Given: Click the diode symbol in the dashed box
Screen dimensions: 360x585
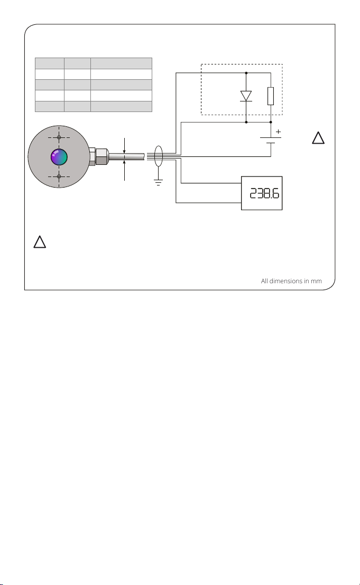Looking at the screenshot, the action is (x=246, y=96).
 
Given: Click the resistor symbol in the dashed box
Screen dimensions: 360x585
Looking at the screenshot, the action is (x=271, y=96).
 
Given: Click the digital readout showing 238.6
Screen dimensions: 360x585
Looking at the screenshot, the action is (x=261, y=193).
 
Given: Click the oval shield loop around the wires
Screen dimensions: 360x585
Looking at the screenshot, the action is (x=158, y=157).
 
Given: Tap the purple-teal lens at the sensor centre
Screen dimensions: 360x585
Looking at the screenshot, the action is (x=59, y=157).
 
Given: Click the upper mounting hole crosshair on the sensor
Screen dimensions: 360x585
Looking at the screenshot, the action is (x=59, y=137).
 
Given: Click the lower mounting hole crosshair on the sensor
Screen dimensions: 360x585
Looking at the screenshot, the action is (x=59, y=177).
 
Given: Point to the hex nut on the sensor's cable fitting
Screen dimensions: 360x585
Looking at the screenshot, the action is (x=100, y=156).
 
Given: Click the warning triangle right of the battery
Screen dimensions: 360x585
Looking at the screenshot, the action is (x=317, y=138).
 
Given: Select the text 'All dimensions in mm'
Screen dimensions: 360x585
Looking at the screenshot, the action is (x=291, y=281).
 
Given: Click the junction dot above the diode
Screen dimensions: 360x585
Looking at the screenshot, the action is (x=246, y=73).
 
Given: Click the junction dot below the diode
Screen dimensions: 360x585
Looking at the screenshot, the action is (x=246, y=122).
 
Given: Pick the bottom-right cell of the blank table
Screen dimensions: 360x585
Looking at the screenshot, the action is (x=121, y=106).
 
